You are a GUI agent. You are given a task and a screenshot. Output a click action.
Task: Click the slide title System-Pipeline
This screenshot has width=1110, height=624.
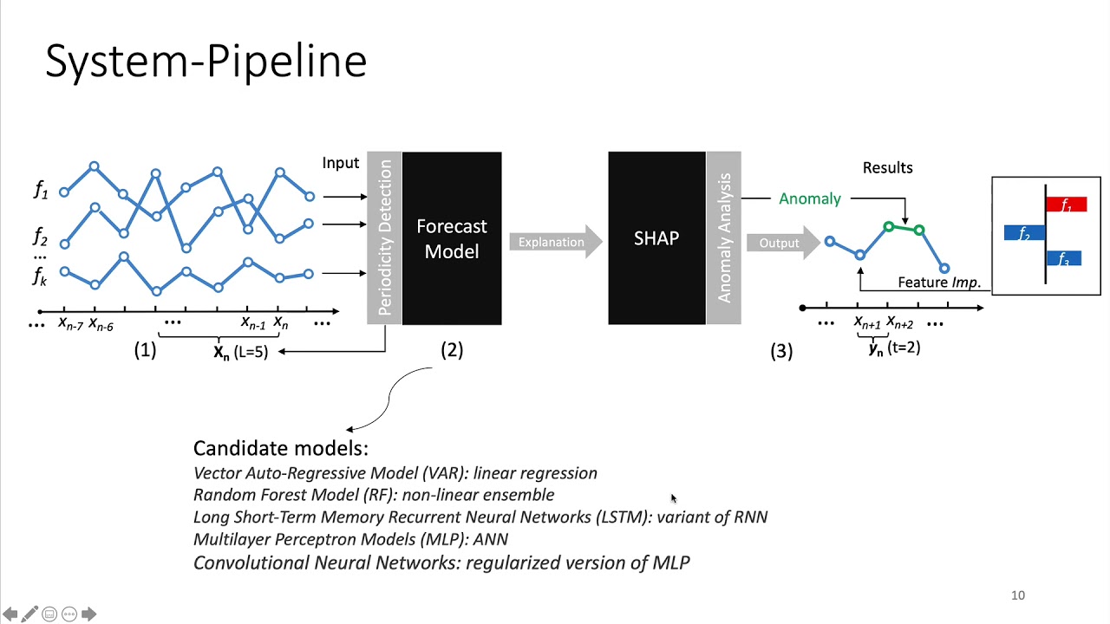[x=206, y=62]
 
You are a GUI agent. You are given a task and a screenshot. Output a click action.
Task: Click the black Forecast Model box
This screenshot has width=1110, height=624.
[x=452, y=238]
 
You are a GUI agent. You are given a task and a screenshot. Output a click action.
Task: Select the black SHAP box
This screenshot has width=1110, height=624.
[x=656, y=238]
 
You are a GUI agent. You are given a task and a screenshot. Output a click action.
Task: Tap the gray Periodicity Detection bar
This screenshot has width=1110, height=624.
[x=384, y=238]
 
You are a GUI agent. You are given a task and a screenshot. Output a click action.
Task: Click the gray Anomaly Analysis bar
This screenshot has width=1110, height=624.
[x=723, y=238]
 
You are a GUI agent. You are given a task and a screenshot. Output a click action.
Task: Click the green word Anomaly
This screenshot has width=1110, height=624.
[x=809, y=198]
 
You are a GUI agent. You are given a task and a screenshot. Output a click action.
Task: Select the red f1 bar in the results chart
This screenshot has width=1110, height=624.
[x=1067, y=205]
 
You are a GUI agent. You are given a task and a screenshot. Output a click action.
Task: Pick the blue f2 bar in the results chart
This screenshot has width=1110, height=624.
[x=1024, y=232]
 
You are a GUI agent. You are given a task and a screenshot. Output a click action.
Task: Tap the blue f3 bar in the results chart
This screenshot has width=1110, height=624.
[x=1064, y=258]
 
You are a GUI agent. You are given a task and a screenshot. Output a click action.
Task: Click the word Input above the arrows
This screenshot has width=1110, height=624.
[x=340, y=163]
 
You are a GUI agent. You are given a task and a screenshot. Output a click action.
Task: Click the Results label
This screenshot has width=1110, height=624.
[x=887, y=167]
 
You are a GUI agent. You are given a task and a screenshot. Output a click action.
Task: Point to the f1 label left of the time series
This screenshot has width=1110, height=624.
[x=41, y=190]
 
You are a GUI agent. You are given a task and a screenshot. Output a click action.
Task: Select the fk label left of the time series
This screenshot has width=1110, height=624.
[x=40, y=276]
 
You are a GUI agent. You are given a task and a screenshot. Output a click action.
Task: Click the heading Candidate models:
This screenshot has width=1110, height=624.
[x=280, y=448]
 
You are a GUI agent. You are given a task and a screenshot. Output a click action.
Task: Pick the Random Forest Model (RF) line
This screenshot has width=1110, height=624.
[x=373, y=495]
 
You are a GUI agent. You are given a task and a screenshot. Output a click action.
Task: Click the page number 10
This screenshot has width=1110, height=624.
[x=1018, y=595]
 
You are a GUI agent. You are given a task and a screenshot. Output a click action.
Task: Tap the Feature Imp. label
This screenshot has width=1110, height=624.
[x=938, y=282]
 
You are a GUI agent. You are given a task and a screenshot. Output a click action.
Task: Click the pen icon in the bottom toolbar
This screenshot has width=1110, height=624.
[x=29, y=614]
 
